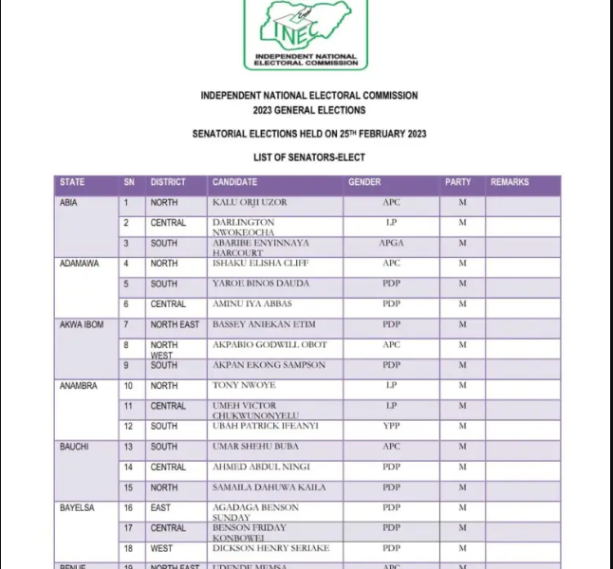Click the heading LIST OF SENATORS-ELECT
click(x=308, y=157)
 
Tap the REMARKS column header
click(x=510, y=182)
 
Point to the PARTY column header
click(x=457, y=182)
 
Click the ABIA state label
click(x=68, y=203)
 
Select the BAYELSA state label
click(x=78, y=508)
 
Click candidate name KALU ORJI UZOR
click(x=250, y=203)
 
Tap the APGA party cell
click(x=391, y=244)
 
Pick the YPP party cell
click(x=391, y=427)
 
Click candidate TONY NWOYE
click(x=244, y=386)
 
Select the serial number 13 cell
click(x=128, y=447)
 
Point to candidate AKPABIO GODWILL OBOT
click(x=269, y=345)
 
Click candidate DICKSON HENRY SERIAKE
click(x=270, y=548)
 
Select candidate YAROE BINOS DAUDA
click(x=260, y=284)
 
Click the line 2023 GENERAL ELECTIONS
click(x=308, y=111)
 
